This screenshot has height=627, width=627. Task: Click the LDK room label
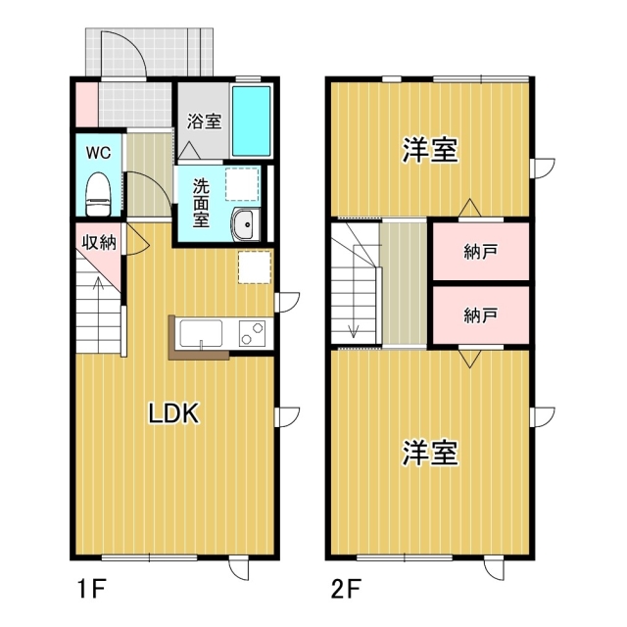(x=173, y=413)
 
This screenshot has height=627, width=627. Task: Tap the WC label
(x=98, y=153)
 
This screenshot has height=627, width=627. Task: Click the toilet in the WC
(x=98, y=193)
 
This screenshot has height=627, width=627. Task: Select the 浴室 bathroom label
(x=204, y=122)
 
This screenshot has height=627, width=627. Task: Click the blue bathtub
(x=251, y=121)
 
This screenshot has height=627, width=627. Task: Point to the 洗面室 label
(x=201, y=202)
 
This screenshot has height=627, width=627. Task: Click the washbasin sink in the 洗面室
(x=244, y=224)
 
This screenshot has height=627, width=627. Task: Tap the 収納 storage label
(x=99, y=242)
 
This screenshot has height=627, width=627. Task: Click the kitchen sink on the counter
(x=202, y=333)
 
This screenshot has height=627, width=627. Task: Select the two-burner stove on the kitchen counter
(x=250, y=333)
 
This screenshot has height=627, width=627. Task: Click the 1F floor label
(x=91, y=590)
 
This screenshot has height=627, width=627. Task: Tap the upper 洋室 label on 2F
(x=431, y=151)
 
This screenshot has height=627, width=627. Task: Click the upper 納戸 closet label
(x=481, y=252)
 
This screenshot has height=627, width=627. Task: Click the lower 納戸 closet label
(x=481, y=314)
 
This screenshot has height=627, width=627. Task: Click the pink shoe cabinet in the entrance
(x=85, y=104)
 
